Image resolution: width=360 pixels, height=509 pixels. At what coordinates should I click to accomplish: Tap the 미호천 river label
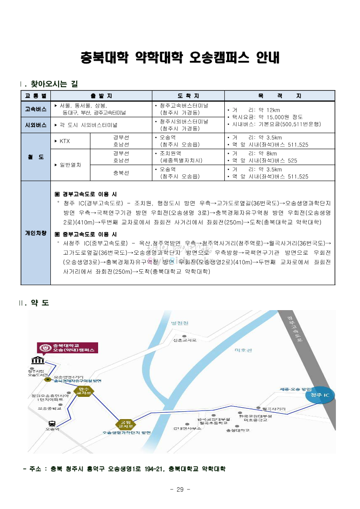point(243,350)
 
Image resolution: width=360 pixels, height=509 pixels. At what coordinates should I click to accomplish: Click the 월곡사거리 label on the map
point(274,409)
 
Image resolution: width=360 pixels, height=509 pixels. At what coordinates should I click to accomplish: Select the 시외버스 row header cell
point(36,124)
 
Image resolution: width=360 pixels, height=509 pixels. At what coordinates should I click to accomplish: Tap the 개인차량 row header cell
point(36,233)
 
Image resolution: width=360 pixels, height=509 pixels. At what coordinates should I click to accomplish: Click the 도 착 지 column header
point(187,96)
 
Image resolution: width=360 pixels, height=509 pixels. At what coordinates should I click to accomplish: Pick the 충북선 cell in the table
point(121,173)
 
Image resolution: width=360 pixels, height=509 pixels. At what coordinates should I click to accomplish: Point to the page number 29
point(180,489)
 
